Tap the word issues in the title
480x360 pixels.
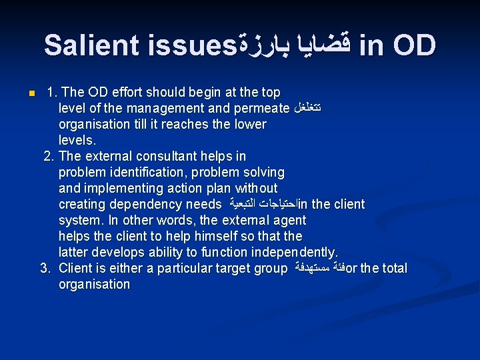click(188, 45)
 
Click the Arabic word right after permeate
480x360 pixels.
click(307, 108)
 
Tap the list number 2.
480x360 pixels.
click(48, 156)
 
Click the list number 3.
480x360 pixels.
click(46, 268)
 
